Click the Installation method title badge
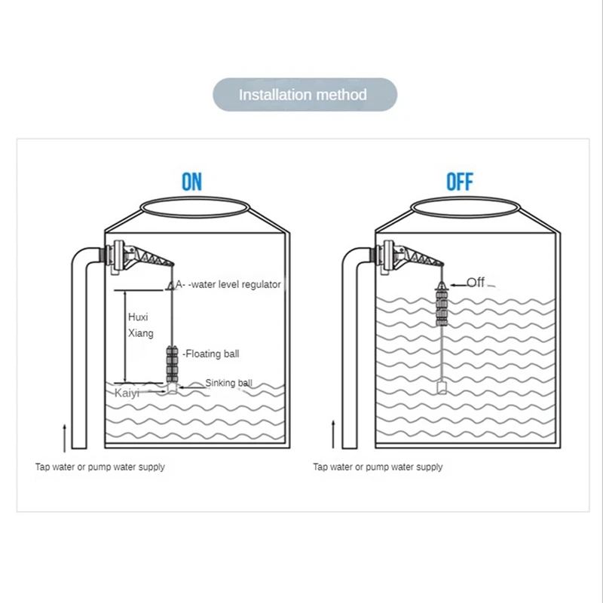305,95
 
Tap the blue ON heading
191,182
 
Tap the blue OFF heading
460,182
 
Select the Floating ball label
211,354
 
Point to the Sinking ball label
229,383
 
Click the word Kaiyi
127,393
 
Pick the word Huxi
138,317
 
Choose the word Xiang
140,333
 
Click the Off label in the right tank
476,282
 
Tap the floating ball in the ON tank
172,364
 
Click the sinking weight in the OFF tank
442,387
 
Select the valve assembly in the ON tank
139,258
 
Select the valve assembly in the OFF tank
409,258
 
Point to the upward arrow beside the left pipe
65,438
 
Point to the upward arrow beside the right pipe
333,434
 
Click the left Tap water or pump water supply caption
100,467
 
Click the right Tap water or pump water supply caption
378,467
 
